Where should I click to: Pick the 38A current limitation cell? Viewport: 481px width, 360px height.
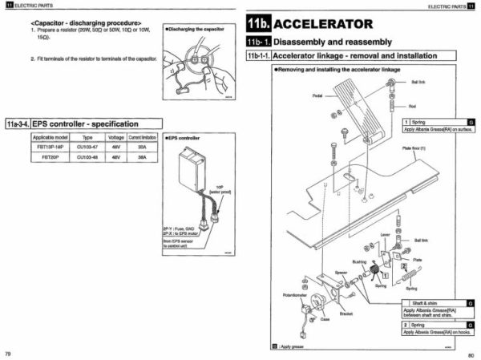click(x=141, y=158)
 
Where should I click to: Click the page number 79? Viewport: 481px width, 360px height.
click(x=8, y=354)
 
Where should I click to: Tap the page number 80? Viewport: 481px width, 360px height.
click(x=471, y=354)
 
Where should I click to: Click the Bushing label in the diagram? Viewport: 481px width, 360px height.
click(x=358, y=261)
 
